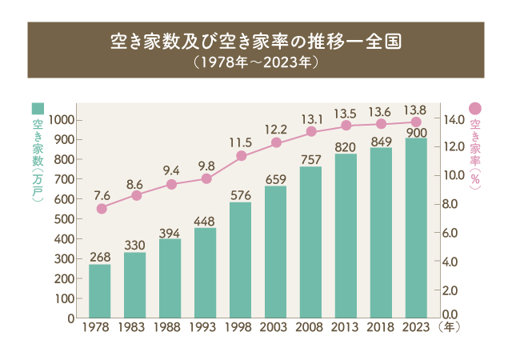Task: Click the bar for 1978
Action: point(100,290)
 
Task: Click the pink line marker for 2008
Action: point(311,132)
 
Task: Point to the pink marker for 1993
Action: point(206,178)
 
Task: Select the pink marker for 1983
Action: point(136,195)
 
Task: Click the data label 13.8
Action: point(415,110)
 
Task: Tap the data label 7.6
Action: point(102,194)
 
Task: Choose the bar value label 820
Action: point(346,146)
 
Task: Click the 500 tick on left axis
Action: point(65,218)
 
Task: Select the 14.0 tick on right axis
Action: point(454,119)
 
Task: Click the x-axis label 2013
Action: point(346,327)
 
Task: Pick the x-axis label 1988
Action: point(170,327)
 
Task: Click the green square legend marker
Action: point(38,108)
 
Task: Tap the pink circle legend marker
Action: point(474,108)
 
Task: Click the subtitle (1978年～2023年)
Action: point(256,60)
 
